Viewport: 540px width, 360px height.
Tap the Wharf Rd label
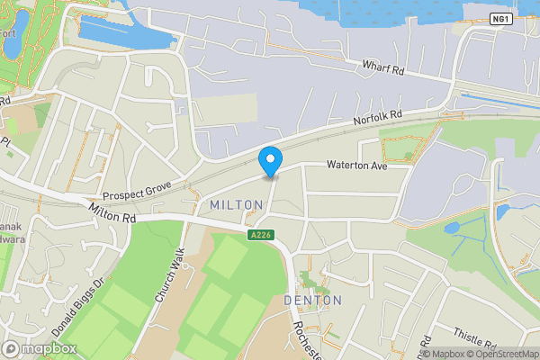(x=387, y=67)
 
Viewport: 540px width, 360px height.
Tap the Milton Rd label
(x=112, y=213)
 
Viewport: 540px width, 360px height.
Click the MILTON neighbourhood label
(x=236, y=206)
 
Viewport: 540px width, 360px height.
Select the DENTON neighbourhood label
(x=312, y=300)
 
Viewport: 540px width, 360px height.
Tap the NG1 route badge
(x=501, y=19)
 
